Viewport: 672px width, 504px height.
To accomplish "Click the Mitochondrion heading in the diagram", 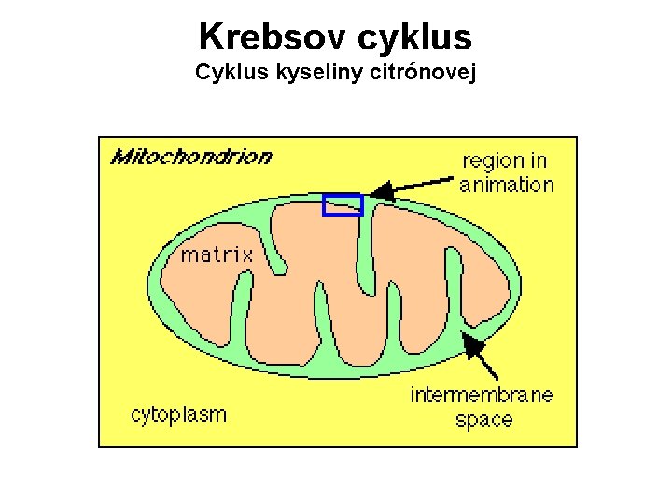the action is pos(191,156).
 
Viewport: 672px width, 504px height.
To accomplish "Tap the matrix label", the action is pos(216,253).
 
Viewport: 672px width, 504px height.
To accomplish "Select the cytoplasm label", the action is pos(178,413).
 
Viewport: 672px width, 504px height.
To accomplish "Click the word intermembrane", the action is pos(482,395).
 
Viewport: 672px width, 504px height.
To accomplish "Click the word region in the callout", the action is pos(493,161).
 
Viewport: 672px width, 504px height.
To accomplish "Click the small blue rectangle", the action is pos(342,204).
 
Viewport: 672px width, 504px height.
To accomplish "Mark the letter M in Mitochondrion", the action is pos(121,156).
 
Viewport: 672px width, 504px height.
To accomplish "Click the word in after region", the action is pos(539,161).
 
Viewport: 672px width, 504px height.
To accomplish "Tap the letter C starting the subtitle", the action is pos(203,73).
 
